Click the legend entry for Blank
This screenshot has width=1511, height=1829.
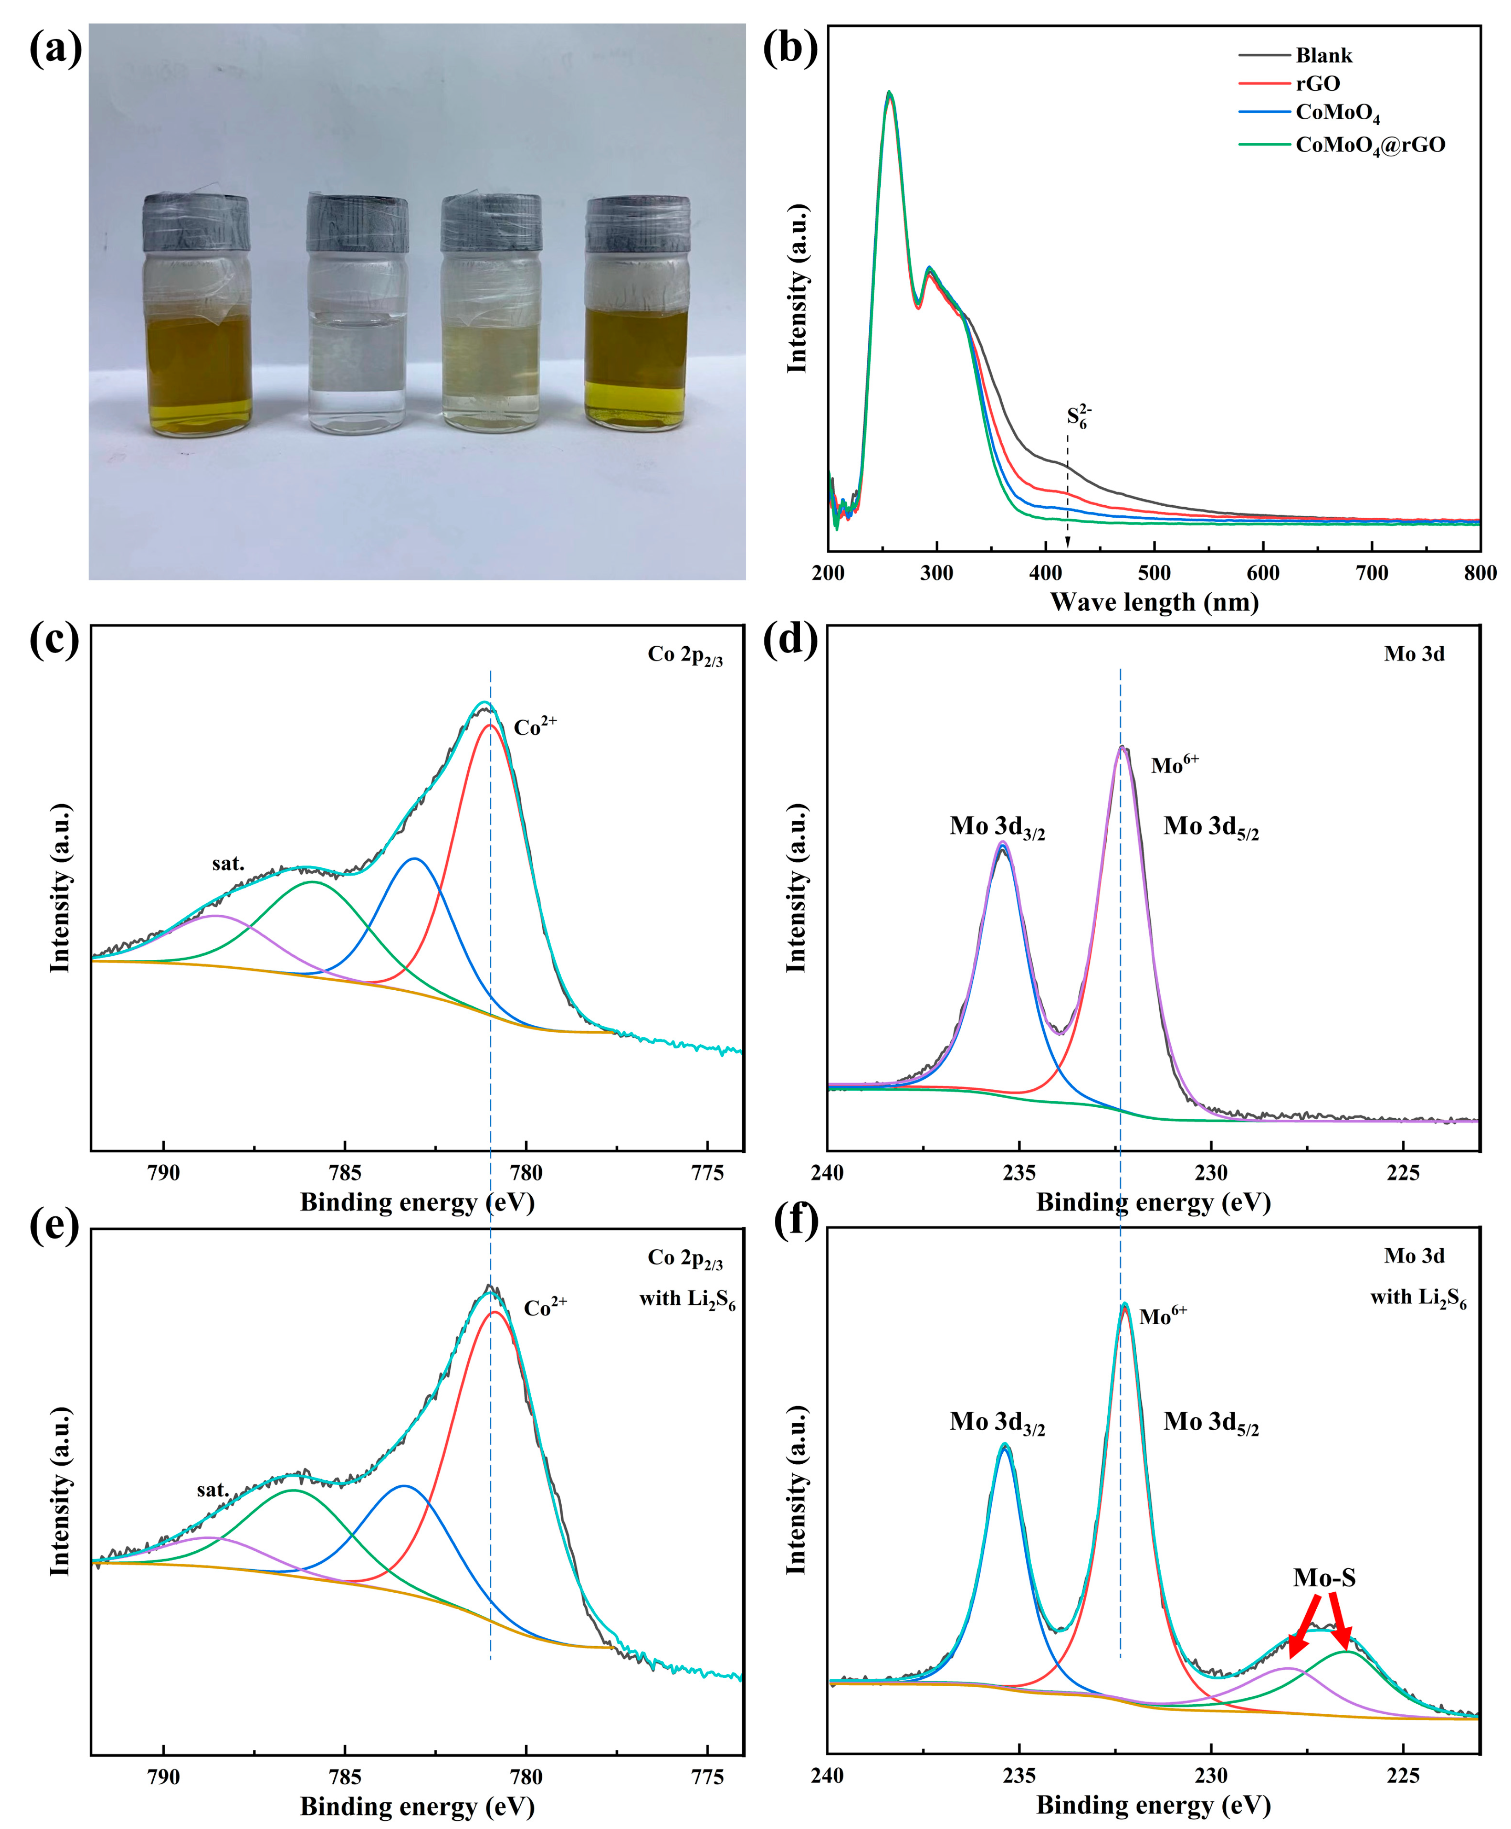1323,56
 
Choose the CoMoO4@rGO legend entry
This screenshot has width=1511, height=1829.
1369,145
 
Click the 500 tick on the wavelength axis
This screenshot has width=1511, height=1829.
1154,573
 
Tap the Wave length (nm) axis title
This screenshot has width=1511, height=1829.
1154,602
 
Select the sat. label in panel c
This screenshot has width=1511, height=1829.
228,864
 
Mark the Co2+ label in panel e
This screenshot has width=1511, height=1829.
545,1308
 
